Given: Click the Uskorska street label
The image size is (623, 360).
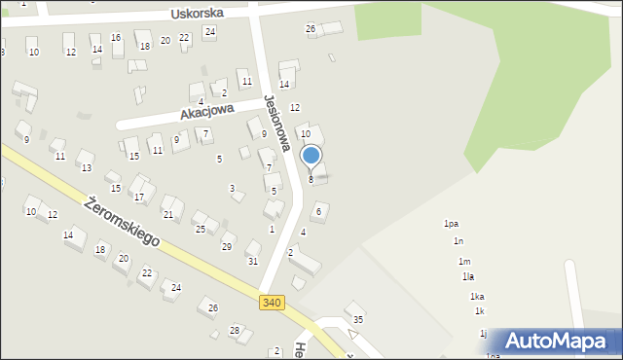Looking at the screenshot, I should pos(197,14).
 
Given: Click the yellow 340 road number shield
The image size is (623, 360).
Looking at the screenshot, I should pos(273,304).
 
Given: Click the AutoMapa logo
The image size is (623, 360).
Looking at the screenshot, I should pos(561,342).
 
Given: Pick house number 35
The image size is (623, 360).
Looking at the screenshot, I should pos(358,319).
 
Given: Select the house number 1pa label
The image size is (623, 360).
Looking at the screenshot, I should pos(451,224).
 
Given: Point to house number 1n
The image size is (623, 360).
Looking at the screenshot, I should pos(458,241).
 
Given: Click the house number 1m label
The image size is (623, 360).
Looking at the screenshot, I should pos(464,262).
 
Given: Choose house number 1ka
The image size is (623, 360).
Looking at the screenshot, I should pos(477,297).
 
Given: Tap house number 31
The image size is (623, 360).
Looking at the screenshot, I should pos(253,261).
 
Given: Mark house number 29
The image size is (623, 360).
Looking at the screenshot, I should pos(227,247).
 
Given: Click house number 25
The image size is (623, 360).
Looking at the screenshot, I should pos(200,230).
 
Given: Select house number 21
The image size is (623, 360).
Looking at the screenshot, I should pos(167,214).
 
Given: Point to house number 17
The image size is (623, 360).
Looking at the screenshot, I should pos(139,197).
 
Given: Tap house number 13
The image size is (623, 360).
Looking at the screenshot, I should pos(86,168).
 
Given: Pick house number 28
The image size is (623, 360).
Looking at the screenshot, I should pos(235,331).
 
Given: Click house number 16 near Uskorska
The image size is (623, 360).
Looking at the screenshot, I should pos(116,38).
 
